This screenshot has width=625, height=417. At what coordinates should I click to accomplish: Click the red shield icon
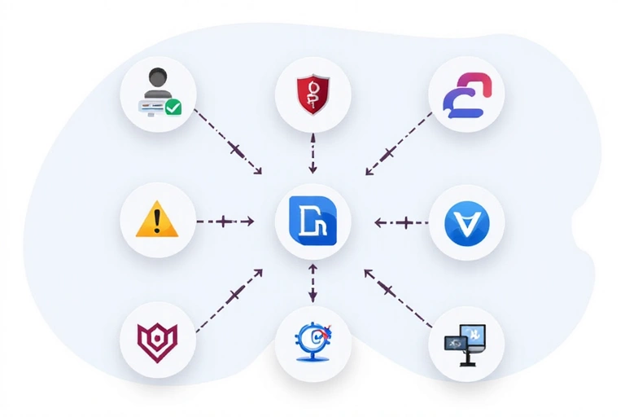click(x=312, y=94)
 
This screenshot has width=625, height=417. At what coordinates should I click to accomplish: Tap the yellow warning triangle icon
click(x=158, y=220)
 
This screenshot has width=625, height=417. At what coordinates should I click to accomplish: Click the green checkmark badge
click(x=173, y=108)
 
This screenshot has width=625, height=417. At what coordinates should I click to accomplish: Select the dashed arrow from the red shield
click(x=312, y=152)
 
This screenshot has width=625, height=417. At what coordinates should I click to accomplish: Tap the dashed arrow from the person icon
click(x=230, y=145)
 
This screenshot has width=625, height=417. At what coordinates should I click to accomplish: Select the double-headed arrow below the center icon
click(x=312, y=281)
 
